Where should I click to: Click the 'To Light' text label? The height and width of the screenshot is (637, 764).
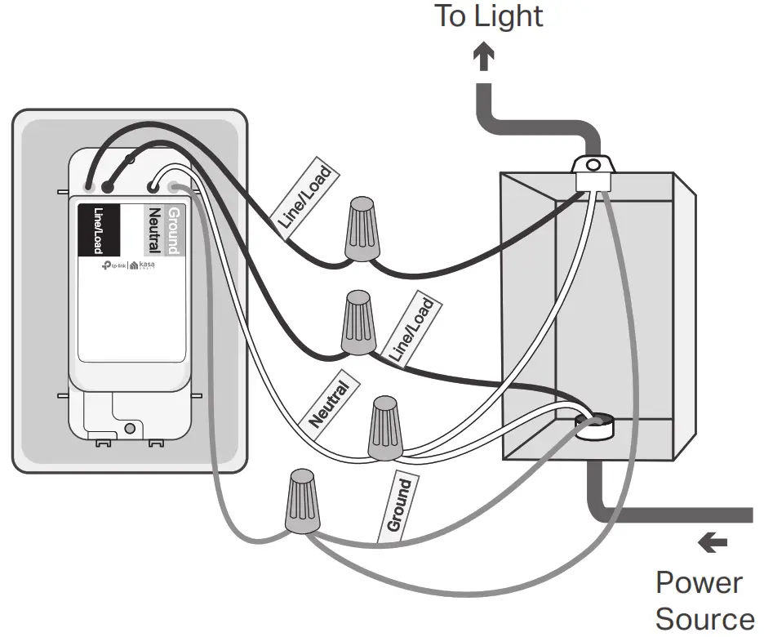[488, 16]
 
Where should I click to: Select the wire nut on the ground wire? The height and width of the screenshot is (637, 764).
[303, 501]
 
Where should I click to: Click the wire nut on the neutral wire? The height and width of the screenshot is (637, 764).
[385, 428]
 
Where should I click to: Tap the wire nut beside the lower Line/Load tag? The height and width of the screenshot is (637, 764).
[357, 324]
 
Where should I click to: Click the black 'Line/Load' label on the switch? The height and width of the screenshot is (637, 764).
[99, 230]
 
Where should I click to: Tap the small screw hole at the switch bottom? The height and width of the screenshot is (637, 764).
[129, 428]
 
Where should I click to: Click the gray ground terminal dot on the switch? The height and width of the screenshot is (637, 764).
[173, 187]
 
